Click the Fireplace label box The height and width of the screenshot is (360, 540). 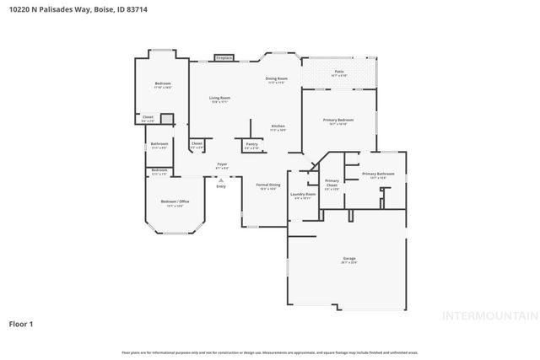(223, 57)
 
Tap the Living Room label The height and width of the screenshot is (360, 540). (220, 99)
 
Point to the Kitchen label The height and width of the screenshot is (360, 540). (278, 126)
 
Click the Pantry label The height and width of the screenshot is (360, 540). (251, 144)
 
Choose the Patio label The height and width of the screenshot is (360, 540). (338, 72)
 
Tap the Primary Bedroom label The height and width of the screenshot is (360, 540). (337, 121)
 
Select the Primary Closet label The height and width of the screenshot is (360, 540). (332, 181)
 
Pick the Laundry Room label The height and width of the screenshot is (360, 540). (302, 195)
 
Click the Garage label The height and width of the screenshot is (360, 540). (349, 258)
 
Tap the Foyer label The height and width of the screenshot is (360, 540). (222, 164)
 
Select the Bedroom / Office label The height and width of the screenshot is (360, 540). (175, 202)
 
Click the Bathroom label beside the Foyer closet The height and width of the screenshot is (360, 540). (159, 144)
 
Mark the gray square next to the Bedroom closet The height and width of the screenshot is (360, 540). (166, 119)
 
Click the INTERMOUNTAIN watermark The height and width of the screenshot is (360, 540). (490, 316)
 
